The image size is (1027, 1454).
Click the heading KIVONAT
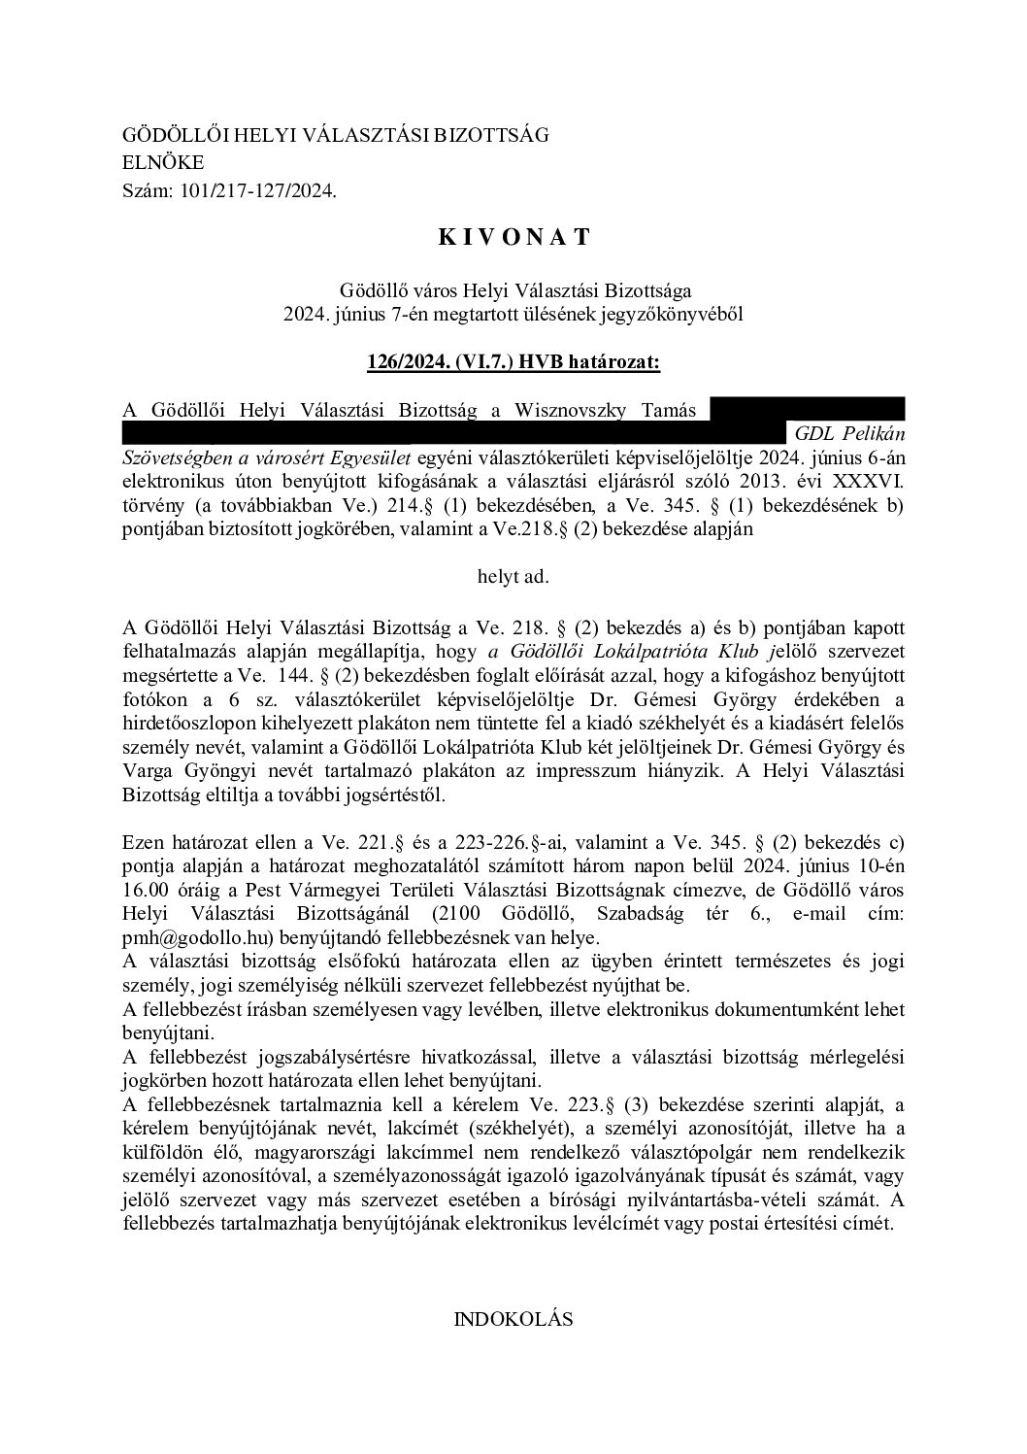point(513,236)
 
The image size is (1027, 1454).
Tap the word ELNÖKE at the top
point(164,163)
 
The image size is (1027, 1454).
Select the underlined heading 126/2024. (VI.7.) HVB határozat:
point(513,362)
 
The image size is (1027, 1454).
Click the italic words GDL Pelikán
point(849,434)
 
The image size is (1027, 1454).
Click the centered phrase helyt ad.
point(513,576)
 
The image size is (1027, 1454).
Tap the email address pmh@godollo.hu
point(200,938)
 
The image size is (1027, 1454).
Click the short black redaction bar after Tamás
point(807,409)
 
